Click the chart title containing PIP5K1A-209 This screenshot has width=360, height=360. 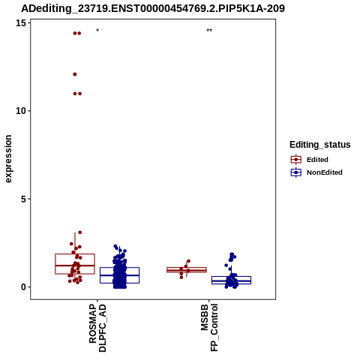(x=153, y=8)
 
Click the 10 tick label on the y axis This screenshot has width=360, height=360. (x=21, y=111)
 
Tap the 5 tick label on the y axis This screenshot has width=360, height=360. (x=23, y=199)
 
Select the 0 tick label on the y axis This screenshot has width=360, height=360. (x=23, y=287)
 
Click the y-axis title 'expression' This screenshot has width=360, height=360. (x=8, y=159)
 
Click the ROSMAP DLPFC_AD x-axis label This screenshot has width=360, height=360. (x=97, y=328)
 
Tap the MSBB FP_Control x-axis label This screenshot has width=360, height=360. (x=209, y=328)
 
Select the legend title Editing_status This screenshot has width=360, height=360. (x=320, y=145)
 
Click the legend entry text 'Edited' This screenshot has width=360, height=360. (x=317, y=160)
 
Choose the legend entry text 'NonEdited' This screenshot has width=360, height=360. (x=325, y=172)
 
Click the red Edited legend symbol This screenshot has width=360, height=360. (x=296, y=160)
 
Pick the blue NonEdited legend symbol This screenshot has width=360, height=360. (x=296, y=172)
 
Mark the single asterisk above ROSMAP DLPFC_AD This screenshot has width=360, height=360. (x=97, y=31)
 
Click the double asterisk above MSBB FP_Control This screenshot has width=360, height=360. (x=209, y=31)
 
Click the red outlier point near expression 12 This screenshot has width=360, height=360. (x=75, y=74)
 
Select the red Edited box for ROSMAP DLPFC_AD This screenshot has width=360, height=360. (x=75, y=264)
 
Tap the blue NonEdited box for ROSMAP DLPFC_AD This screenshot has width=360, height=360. (x=119, y=275)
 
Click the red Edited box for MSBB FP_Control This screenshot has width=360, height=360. (x=187, y=270)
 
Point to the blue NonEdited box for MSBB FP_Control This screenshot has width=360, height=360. (x=231, y=280)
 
